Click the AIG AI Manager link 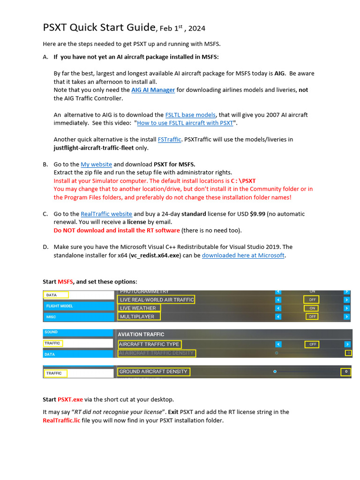tap(153, 90)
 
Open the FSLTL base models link tap(190, 115)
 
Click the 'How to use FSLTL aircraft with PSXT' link tap(185, 123)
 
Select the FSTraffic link tap(169, 140)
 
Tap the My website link tap(96, 165)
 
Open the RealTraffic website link tap(106, 214)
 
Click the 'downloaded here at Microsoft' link tap(243, 255)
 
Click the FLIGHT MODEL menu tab tap(60, 306)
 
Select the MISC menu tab tap(52, 317)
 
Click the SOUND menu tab tap(51, 332)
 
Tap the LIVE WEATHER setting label tap(138, 308)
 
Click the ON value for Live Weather tap(312, 308)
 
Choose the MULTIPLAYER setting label tap(137, 317)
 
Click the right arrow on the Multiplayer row tap(346, 317)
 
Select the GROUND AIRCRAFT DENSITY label tap(153, 372)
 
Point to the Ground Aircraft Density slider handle tap(275, 372)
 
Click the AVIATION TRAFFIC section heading tap(141, 334)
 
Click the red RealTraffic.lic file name tap(60, 420)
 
